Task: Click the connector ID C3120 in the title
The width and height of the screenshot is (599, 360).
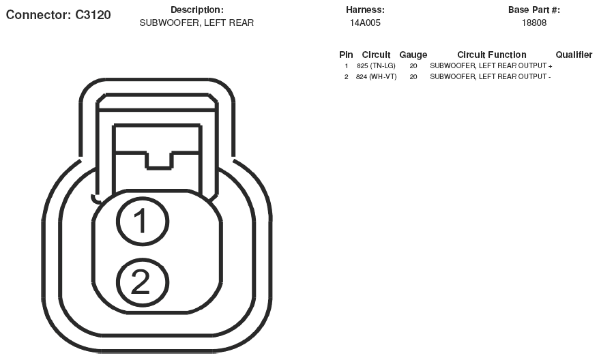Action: pyautogui.click(x=93, y=14)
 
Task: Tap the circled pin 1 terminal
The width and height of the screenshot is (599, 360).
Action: pyautogui.click(x=142, y=221)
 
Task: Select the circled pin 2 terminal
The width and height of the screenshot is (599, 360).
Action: pyautogui.click(x=142, y=282)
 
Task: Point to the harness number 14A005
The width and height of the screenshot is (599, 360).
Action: pyautogui.click(x=365, y=23)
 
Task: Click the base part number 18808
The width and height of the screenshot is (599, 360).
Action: pyautogui.click(x=534, y=23)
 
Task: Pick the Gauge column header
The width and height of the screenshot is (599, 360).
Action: pyautogui.click(x=413, y=55)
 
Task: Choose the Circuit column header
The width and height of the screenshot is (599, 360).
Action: pyautogui.click(x=376, y=55)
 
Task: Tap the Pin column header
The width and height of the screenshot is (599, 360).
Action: pyautogui.click(x=346, y=55)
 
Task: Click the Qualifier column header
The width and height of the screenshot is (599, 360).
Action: pyautogui.click(x=574, y=55)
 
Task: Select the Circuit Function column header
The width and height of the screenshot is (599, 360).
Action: pyautogui.click(x=492, y=55)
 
